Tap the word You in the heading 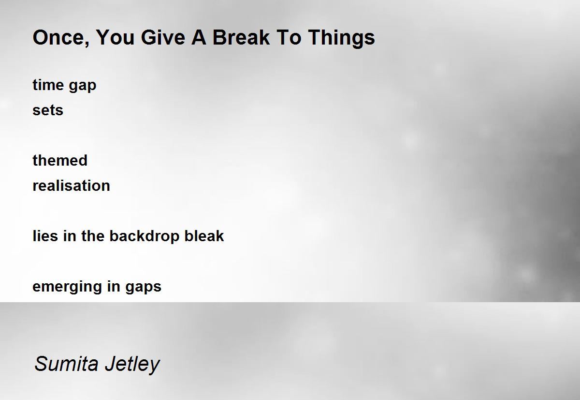(115, 37)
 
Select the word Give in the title (163, 37)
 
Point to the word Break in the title (241, 37)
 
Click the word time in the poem (48, 85)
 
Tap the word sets (48, 110)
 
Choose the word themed (60, 160)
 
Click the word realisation (72, 185)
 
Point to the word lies (45, 236)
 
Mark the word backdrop (144, 237)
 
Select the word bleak (204, 236)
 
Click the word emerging (67, 288)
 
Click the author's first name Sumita (66, 364)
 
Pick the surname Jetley (132, 365)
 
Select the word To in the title (289, 37)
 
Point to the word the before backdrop (92, 236)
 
